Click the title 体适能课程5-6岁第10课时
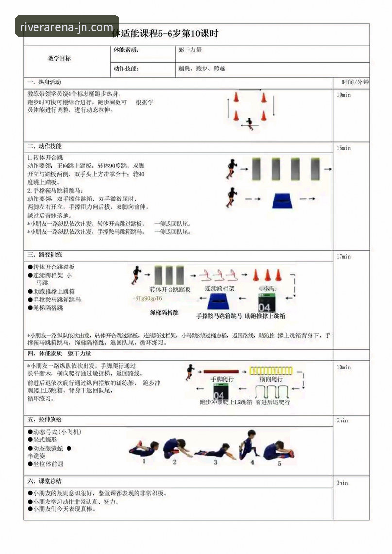(165, 34)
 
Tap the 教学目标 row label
(59, 58)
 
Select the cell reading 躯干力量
(190, 50)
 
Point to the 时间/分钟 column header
(355, 82)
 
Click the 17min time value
(343, 256)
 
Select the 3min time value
(342, 483)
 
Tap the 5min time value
(342, 420)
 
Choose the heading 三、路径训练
(44, 254)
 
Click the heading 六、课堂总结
(44, 481)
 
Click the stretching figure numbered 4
(249, 444)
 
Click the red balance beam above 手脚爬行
(222, 370)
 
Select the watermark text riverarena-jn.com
(67, 27)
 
